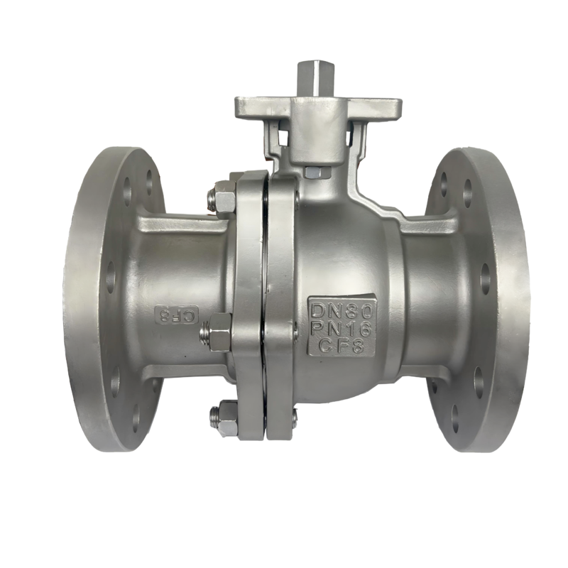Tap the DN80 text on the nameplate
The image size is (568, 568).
tap(342, 310)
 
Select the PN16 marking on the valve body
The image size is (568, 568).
tap(342, 329)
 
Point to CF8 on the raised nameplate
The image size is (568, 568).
tap(341, 347)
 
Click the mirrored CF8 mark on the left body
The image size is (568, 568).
tap(176, 315)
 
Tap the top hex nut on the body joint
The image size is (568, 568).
tap(224, 201)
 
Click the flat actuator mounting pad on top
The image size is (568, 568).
tap(317, 109)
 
